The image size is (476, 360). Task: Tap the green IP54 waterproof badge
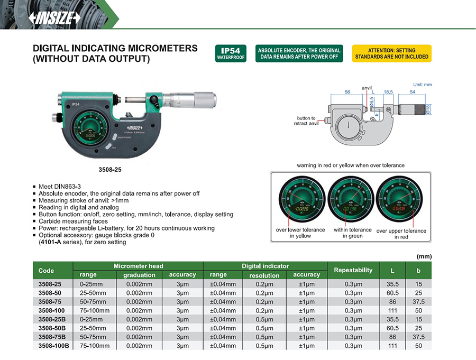click(231, 53)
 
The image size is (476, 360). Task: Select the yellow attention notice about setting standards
click(391, 53)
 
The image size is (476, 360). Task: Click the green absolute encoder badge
click(299, 53)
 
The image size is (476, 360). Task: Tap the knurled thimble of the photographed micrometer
click(204, 99)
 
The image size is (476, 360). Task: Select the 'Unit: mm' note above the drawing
click(422, 85)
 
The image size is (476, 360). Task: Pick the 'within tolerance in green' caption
click(352, 233)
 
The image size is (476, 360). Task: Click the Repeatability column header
click(353, 270)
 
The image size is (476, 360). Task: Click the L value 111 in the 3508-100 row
click(392, 310)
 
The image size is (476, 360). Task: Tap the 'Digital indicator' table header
click(265, 266)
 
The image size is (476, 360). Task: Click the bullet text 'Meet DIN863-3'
click(61, 187)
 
